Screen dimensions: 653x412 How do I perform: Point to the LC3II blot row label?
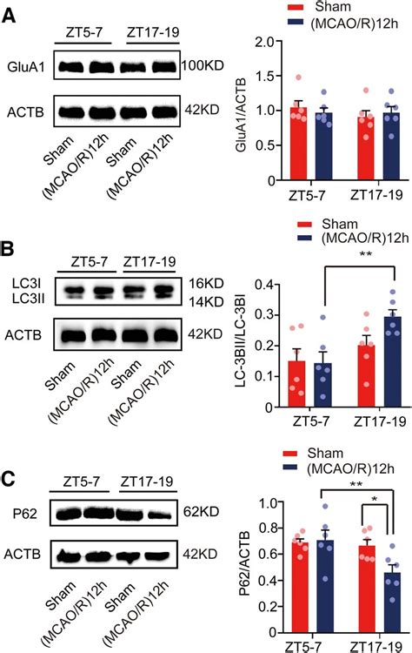click(x=27, y=300)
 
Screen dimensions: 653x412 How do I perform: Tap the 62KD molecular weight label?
click(x=203, y=510)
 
